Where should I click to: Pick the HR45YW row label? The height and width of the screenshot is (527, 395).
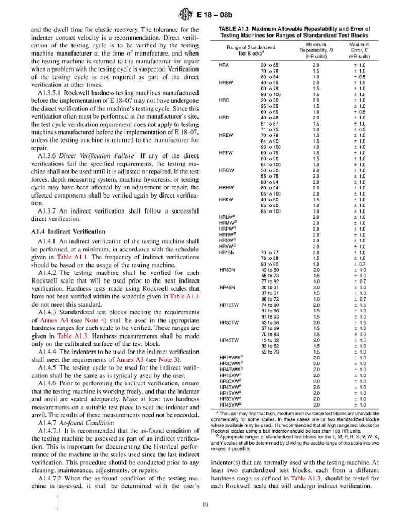pyautogui.click(x=228, y=405)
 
